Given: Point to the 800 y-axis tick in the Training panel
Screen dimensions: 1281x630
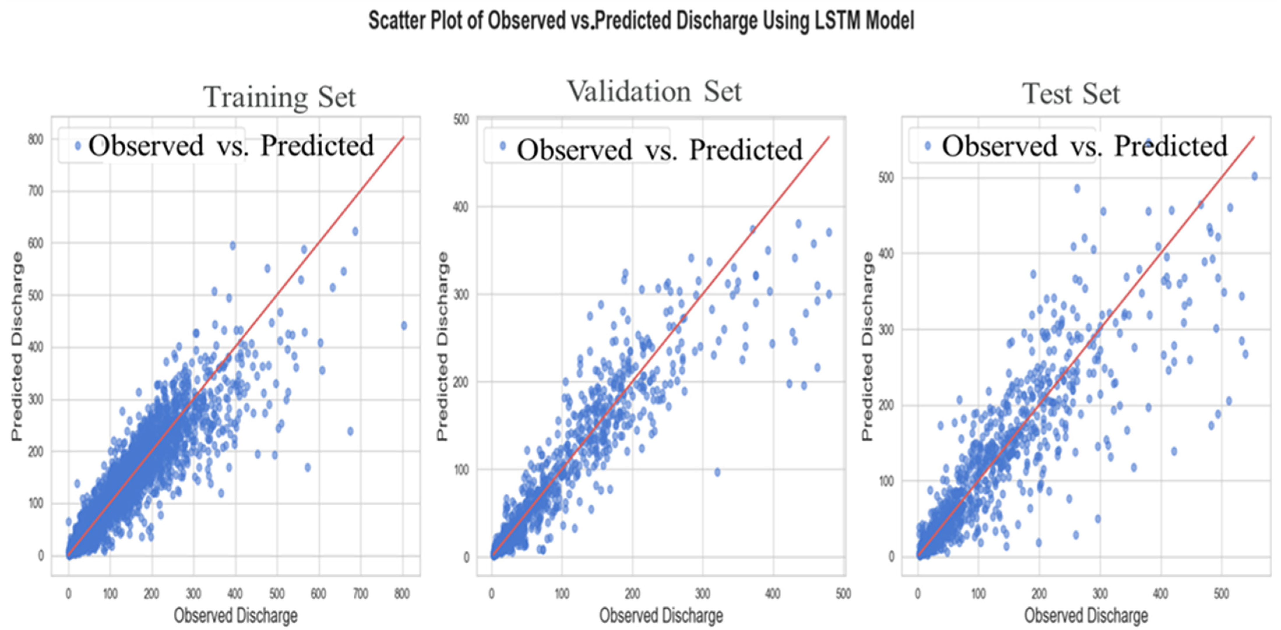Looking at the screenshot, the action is point(35,140).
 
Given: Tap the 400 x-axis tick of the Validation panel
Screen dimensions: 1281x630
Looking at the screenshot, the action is point(772,594).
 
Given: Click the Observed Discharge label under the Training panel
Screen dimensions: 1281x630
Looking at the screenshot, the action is point(236,615).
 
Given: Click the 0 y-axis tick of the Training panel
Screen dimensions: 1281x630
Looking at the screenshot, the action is point(41,556).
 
